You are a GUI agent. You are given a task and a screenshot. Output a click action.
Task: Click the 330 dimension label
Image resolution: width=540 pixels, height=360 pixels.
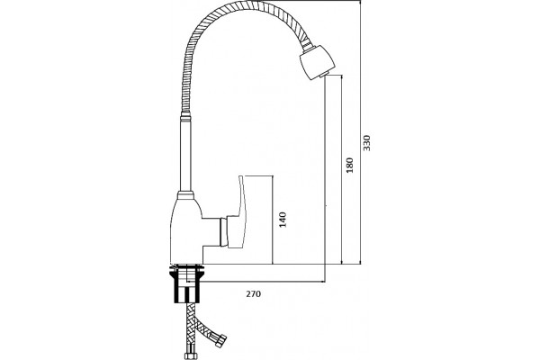(x=367, y=142)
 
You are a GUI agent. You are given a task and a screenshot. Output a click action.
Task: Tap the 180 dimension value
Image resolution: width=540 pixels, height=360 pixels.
(x=350, y=165)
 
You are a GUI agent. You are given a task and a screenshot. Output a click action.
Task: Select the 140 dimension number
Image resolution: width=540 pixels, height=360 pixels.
(x=283, y=220)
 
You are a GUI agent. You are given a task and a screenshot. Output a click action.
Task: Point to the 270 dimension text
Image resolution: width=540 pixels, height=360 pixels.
(x=254, y=294)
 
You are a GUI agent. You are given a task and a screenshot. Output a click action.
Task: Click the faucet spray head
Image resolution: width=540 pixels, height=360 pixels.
(x=317, y=62)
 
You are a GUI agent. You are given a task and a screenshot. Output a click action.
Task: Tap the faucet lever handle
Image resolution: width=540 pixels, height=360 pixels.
(x=240, y=213)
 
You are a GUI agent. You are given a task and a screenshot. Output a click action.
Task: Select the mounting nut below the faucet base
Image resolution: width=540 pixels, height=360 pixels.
(x=186, y=285)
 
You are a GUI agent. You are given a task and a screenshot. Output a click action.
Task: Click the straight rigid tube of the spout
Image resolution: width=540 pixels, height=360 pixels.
(x=185, y=155)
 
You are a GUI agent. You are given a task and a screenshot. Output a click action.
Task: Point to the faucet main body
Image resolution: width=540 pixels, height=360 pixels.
(x=186, y=230)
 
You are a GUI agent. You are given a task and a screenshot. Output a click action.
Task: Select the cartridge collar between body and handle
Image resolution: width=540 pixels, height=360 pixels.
(x=223, y=232)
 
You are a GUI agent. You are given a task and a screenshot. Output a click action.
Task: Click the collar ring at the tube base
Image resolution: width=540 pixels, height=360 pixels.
(x=185, y=195)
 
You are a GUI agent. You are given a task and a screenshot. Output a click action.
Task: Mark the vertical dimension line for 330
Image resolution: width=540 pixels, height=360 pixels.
(x=360, y=132)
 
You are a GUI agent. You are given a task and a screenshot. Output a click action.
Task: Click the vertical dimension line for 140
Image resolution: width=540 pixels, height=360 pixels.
(x=273, y=220)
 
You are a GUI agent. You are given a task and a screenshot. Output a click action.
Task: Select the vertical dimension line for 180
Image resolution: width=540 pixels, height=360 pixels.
(x=341, y=170)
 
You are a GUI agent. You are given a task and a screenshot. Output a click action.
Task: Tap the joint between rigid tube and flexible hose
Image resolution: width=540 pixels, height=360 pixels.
(x=185, y=116)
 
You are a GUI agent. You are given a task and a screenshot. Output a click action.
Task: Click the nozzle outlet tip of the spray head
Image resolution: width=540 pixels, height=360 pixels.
(x=323, y=75)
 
